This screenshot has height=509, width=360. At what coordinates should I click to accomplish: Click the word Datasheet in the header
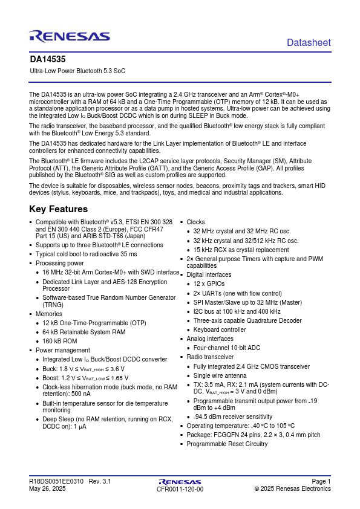(309, 42)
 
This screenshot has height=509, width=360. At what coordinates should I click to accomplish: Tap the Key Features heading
(58, 209)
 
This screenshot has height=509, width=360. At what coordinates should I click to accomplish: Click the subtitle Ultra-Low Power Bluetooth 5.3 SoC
(77, 71)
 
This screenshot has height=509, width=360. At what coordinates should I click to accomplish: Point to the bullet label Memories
(49, 314)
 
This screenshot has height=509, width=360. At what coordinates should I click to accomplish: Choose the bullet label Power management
(63, 350)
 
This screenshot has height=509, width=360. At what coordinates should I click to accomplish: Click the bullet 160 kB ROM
(60, 341)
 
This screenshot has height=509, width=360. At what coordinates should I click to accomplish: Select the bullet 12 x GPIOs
(209, 284)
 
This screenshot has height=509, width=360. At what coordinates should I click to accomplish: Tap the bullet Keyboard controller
(220, 330)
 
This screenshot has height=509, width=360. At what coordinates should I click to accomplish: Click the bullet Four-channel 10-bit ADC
(226, 348)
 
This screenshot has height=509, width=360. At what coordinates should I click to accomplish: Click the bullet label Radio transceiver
(210, 357)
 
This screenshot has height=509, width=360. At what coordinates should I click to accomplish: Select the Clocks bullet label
(195, 222)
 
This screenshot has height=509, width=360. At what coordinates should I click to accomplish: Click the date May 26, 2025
(47, 488)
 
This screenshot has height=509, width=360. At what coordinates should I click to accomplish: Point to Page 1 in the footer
(321, 481)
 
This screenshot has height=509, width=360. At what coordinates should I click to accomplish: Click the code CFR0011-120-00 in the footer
(180, 489)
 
